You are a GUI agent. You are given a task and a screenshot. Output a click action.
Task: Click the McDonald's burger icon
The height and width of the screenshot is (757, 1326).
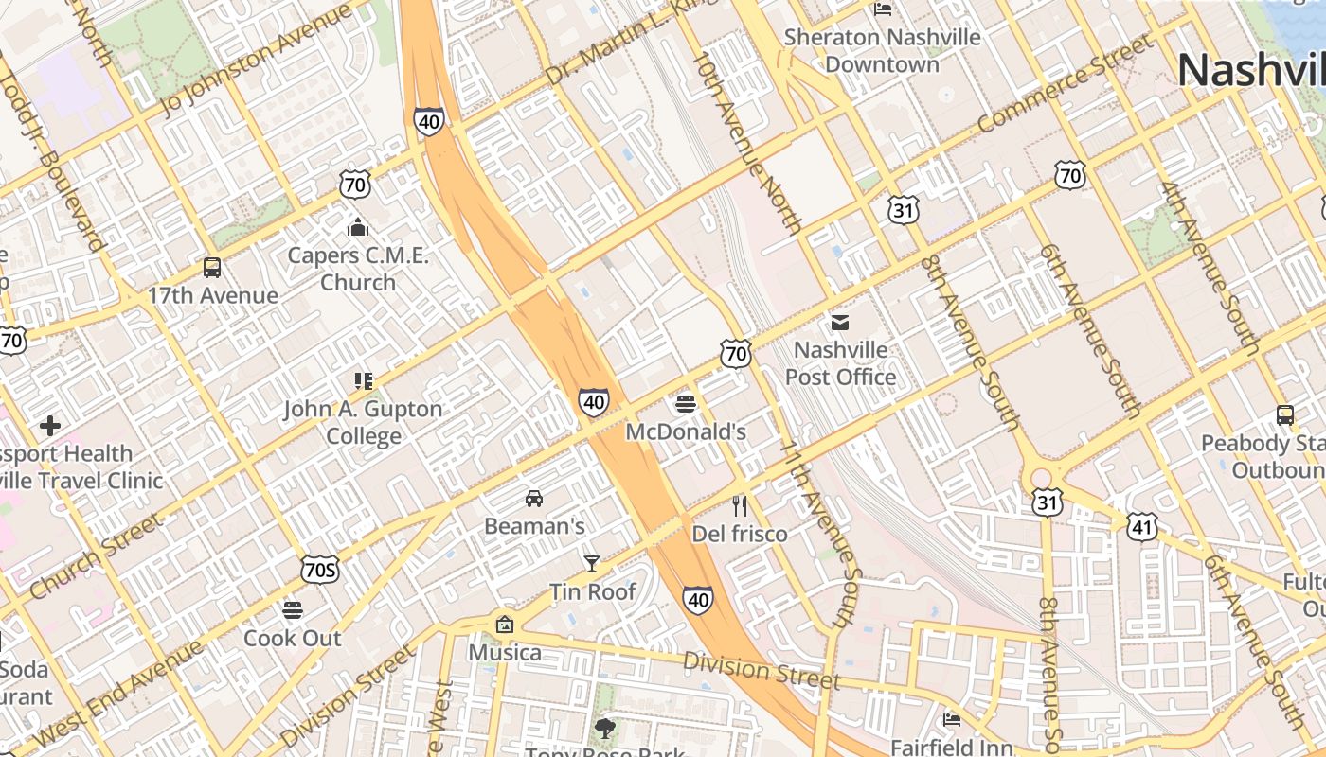(x=687, y=405)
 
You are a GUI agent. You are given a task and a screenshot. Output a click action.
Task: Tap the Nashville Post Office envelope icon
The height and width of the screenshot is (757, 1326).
(x=839, y=323)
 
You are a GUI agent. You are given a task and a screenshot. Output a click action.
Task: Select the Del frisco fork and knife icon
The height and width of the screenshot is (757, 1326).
(x=740, y=506)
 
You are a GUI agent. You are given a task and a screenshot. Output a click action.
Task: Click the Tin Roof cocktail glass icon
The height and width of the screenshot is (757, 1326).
(x=592, y=564)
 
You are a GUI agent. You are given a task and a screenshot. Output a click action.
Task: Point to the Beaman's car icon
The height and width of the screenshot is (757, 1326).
(x=534, y=498)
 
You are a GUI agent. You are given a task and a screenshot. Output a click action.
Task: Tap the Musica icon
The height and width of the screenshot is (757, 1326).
(x=505, y=625)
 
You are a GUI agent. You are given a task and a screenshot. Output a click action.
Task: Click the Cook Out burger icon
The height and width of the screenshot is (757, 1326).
(x=293, y=610)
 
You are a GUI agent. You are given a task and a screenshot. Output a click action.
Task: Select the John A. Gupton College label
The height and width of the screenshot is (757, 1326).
(x=364, y=422)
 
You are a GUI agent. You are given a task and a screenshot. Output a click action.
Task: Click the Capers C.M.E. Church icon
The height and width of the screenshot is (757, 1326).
(x=357, y=227)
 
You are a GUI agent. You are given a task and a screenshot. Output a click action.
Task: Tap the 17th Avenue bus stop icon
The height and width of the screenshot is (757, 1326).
(x=212, y=268)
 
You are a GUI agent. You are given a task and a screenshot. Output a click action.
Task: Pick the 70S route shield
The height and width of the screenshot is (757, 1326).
(x=320, y=569)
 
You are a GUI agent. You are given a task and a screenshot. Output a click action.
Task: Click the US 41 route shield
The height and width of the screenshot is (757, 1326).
(x=1141, y=527)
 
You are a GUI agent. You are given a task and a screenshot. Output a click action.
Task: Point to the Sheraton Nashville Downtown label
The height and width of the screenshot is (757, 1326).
(x=882, y=51)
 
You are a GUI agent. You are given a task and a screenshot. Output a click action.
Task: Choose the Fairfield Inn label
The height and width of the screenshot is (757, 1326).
(x=951, y=748)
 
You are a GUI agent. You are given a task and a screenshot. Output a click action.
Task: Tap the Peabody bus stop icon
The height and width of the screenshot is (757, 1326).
(x=1285, y=414)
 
